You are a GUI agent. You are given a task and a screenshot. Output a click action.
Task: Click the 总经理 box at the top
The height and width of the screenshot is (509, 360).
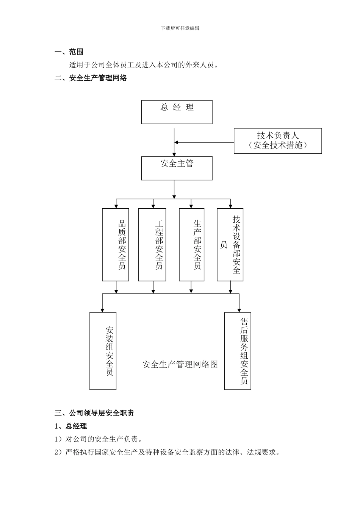tap(177, 112)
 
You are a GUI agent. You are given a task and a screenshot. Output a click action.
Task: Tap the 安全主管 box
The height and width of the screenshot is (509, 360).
tap(177, 168)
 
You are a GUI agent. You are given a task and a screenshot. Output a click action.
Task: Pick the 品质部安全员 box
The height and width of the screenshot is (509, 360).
tap(116, 245)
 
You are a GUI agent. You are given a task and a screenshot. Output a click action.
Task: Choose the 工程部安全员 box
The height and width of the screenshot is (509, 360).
tap(152, 245)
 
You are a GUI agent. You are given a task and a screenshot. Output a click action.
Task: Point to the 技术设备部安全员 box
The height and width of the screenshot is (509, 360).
tap(230, 245)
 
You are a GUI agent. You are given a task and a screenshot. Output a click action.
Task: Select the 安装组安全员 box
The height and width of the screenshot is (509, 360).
tap(103, 351)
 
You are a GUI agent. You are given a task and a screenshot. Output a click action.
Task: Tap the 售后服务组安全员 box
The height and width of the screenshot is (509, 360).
tap(238, 351)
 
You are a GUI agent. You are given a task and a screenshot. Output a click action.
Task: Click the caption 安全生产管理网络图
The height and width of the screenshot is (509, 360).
tap(180, 365)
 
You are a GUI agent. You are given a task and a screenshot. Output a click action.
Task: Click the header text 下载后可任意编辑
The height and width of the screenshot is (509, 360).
tap(180, 28)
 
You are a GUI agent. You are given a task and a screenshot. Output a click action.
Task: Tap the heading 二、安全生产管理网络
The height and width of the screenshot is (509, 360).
tap(91, 78)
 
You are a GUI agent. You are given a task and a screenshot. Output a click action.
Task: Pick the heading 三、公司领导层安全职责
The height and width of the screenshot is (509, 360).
tap(94, 413)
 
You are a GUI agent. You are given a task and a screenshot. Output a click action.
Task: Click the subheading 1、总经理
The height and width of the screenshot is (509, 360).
tap(71, 426)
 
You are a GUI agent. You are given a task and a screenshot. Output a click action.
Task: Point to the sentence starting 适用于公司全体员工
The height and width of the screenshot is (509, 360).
tap(144, 65)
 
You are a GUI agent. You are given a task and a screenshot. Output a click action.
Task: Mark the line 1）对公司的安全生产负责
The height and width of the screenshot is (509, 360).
tap(99, 439)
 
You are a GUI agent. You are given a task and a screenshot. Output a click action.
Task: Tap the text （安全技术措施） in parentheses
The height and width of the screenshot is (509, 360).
tap(278, 145)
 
